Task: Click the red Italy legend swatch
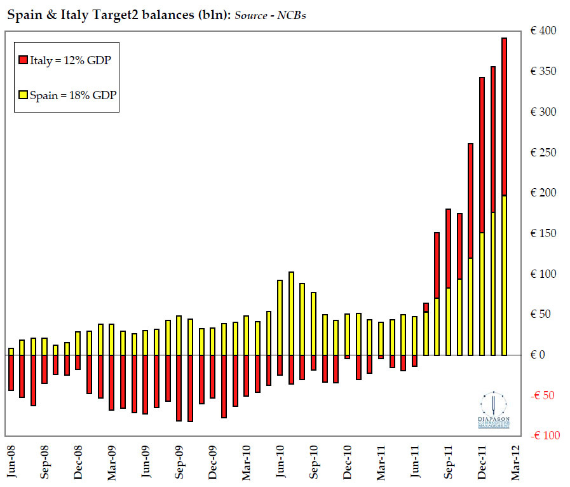23,60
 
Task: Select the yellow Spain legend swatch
23,95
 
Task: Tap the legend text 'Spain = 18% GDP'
71,95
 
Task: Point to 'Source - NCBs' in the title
270,15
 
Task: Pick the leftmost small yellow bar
11,352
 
